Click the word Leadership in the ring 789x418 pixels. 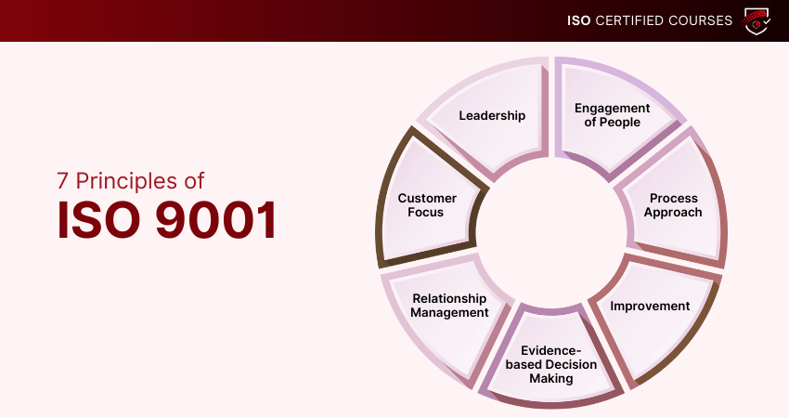[492, 116]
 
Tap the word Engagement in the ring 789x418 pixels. [612, 109]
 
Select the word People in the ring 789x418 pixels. [619, 123]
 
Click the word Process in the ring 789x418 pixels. [673, 198]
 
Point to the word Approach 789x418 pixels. [673, 213]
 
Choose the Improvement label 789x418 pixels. [650, 307]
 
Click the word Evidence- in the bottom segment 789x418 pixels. [551, 350]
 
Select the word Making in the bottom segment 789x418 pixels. [551, 379]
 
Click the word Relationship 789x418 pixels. [449, 299]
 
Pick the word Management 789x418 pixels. [449, 313]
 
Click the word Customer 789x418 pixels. [427, 199]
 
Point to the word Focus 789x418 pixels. [425, 213]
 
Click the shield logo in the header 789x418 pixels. [757, 20]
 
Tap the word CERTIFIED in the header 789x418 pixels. [629, 20]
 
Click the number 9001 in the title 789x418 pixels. [216, 220]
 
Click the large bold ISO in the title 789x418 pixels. [98, 220]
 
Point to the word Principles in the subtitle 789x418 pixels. [126, 181]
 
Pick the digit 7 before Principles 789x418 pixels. [62, 181]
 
